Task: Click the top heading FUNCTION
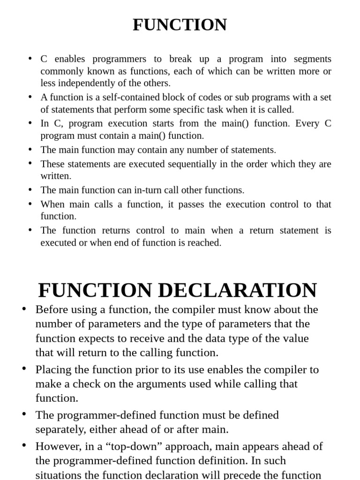(180, 25)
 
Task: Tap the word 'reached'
(204, 243)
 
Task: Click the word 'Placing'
(52, 369)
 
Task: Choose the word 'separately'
(58, 429)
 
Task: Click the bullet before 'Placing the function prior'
(24, 368)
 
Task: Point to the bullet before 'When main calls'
(30, 203)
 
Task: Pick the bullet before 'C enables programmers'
(30, 58)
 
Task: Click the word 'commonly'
(59, 71)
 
